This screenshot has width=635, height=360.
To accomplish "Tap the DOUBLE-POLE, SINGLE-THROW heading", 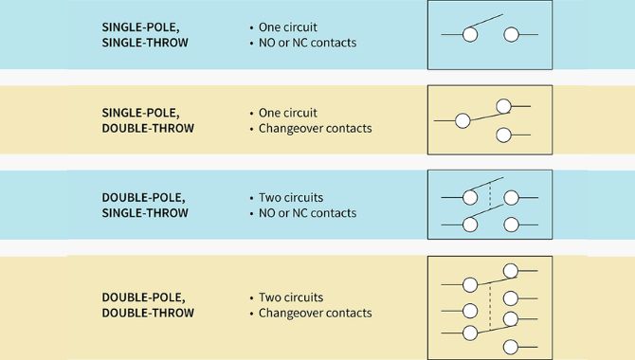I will (144, 205).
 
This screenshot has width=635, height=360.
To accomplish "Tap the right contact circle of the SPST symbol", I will (511, 35).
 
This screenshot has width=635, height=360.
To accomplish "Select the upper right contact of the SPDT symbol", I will (504, 106).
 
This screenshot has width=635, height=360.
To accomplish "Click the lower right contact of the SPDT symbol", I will (504, 135).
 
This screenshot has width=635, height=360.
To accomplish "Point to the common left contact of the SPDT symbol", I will (462, 120).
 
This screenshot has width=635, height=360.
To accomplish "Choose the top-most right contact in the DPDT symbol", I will (511, 271).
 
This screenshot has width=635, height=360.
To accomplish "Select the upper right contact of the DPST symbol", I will (511, 197).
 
